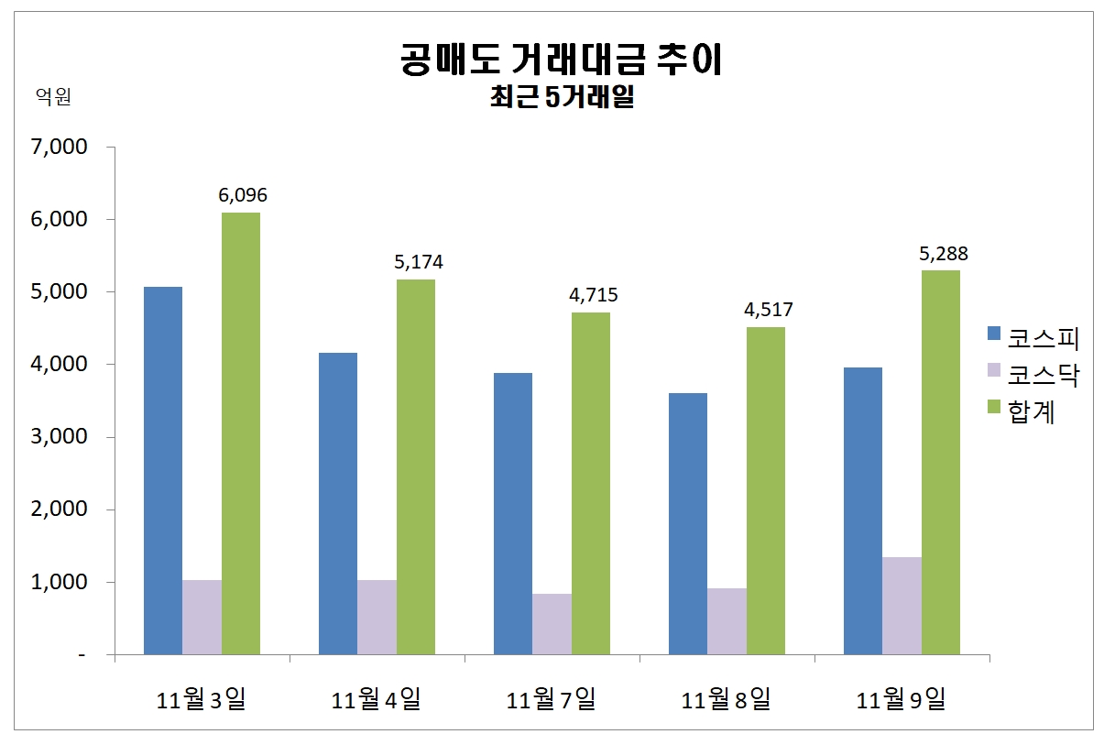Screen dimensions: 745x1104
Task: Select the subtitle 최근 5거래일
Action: pyautogui.click(x=562, y=98)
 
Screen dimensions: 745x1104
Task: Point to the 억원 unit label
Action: pyautogui.click(x=53, y=96)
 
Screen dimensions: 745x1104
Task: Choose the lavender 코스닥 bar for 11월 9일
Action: pyautogui.click(x=902, y=606)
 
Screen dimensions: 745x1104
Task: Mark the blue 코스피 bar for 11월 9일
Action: pyautogui.click(x=863, y=510)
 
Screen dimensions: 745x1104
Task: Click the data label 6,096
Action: pyautogui.click(x=243, y=195)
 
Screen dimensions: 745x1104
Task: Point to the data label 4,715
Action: pyautogui.click(x=593, y=295)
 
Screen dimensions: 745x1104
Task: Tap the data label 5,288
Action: pyautogui.click(x=943, y=253)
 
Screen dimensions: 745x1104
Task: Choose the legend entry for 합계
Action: pyautogui.click(x=1022, y=412)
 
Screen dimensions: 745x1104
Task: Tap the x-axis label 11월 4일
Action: pyautogui.click(x=377, y=700)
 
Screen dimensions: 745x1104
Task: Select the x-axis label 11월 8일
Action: pyautogui.click(x=727, y=700)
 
